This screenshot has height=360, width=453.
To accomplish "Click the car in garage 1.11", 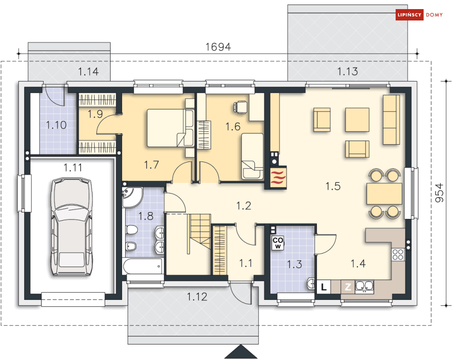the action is click(x=71, y=227).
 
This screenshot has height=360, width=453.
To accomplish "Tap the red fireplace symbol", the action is click(x=278, y=177).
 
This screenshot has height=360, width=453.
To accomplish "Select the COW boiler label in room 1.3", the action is click(x=278, y=243).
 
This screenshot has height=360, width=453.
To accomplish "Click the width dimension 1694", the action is click(x=218, y=47).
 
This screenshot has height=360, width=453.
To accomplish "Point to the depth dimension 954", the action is click(x=439, y=193).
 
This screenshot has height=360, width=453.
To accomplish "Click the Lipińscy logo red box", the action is click(x=409, y=15).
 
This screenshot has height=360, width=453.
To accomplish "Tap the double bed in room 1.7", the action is click(x=170, y=128).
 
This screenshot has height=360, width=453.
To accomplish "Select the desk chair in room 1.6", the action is click(x=240, y=107).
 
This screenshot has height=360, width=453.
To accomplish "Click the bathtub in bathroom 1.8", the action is click(x=143, y=266).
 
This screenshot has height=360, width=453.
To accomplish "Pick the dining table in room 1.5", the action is click(x=385, y=193).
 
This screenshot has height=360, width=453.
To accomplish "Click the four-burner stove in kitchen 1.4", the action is click(x=398, y=254).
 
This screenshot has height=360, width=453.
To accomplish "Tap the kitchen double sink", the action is click(x=364, y=286).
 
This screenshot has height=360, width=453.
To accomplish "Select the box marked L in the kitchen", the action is click(x=324, y=287).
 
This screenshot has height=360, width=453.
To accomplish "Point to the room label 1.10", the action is click(x=56, y=125).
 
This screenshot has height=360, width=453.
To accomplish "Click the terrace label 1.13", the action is click(x=347, y=71).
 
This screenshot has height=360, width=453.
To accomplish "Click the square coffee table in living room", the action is click(x=357, y=120).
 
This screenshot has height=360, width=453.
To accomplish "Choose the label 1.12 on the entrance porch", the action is click(x=197, y=297).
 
